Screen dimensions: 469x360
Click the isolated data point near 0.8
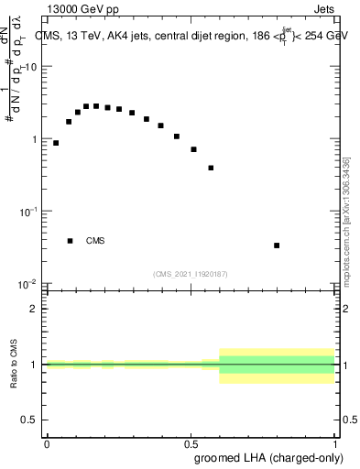click(277, 245)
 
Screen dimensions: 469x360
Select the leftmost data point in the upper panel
click(56, 143)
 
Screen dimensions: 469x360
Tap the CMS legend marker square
click(70, 241)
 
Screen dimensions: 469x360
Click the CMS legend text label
click(95, 241)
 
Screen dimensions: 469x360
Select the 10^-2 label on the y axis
click(27, 283)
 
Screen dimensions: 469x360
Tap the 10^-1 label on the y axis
click(27, 211)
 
